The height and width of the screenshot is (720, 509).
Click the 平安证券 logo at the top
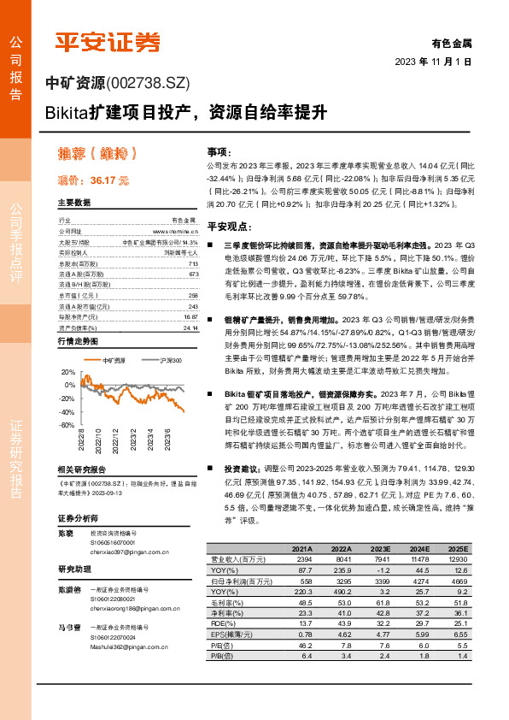click(107, 42)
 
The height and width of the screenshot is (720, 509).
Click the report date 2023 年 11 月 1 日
click(433, 62)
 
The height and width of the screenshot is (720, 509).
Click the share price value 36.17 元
click(109, 180)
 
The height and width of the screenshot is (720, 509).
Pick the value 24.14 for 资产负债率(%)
click(190, 328)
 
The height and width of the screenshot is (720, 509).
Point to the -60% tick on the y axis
click(66, 425)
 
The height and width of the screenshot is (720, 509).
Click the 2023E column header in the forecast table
click(381, 549)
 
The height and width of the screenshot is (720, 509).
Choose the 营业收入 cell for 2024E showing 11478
click(419, 559)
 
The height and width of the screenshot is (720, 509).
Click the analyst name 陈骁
click(67, 533)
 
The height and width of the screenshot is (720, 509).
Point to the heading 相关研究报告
click(81, 470)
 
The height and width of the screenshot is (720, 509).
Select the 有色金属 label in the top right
click(452, 42)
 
